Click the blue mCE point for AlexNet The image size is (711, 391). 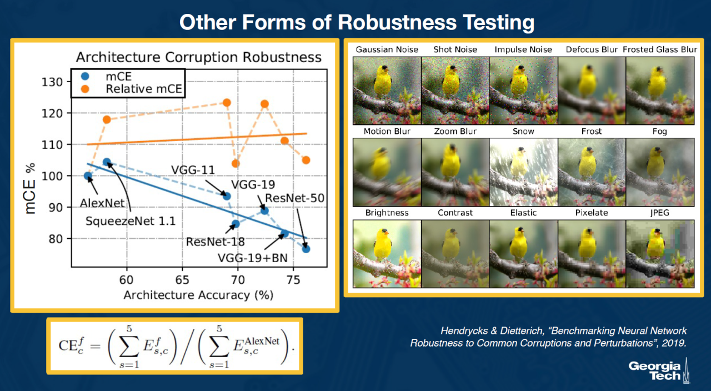(x=88, y=176)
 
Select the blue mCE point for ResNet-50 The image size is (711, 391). (x=306, y=249)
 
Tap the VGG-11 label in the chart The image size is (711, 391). (x=193, y=170)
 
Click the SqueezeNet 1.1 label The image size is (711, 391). (x=131, y=221)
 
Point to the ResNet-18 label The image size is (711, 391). (x=215, y=242)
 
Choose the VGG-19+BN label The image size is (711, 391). (x=253, y=258)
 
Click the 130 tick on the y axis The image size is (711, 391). (x=52, y=82)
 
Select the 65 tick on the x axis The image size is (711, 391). (x=182, y=280)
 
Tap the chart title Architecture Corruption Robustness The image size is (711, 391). (x=199, y=57)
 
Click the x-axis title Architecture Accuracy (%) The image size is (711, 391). (x=198, y=295)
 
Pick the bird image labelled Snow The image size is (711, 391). (x=523, y=172)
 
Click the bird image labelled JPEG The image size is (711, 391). (x=660, y=254)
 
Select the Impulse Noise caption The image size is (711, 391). (x=523, y=49)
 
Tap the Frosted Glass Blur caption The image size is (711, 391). (x=660, y=49)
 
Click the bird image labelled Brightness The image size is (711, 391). (x=387, y=254)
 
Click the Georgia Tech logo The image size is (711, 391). (x=659, y=370)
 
